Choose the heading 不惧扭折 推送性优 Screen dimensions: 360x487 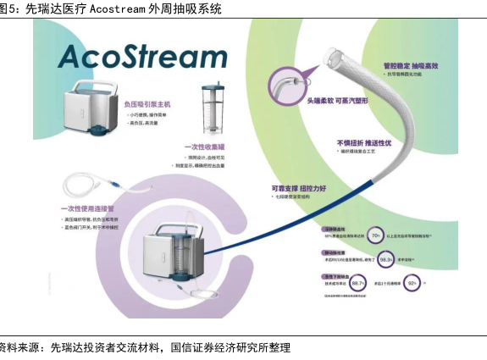pyautogui.click(x=366, y=142)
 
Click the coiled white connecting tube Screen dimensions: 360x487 pyautogui.click(x=85, y=185)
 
